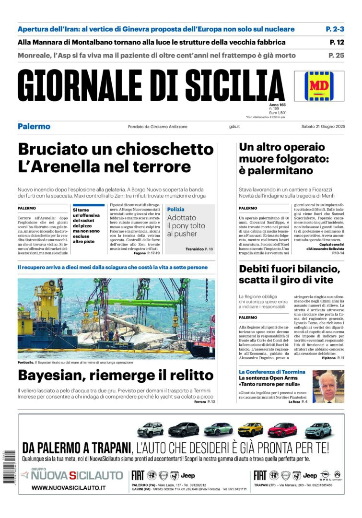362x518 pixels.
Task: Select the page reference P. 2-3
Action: click(335, 29)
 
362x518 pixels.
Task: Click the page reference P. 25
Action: click(337, 55)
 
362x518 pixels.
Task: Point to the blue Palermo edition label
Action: click(34, 127)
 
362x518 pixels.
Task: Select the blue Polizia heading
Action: click(175, 210)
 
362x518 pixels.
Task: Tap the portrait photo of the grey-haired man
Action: click(328, 386)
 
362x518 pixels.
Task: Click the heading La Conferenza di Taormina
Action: click(272, 372)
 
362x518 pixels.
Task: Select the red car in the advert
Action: click(282, 429)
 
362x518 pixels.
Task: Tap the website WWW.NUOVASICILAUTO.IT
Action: click(69, 488)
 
